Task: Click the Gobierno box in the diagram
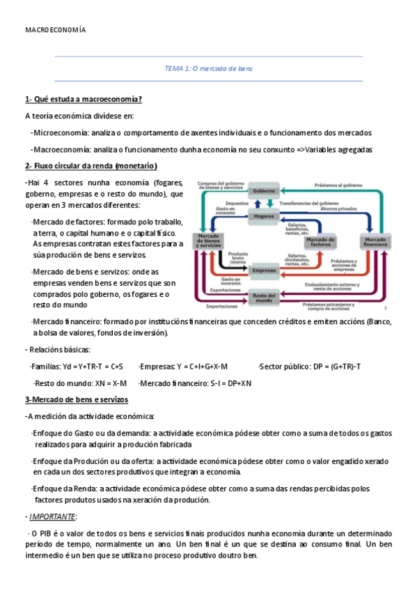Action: click(264, 190)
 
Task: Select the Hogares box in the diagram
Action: click(264, 217)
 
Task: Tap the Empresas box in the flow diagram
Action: click(264, 270)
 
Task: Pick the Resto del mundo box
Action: click(264, 298)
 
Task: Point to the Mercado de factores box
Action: click(320, 242)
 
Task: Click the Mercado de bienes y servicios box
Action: click(209, 242)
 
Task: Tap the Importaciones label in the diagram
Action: click(222, 306)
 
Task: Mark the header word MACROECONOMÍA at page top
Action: click(56, 31)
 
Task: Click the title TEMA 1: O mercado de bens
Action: click(208, 69)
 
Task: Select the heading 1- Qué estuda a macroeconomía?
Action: click(84, 99)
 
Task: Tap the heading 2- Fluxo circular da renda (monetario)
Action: click(91, 166)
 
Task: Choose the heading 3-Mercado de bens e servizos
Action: click(77, 399)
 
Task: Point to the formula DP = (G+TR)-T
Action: click(334, 366)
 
